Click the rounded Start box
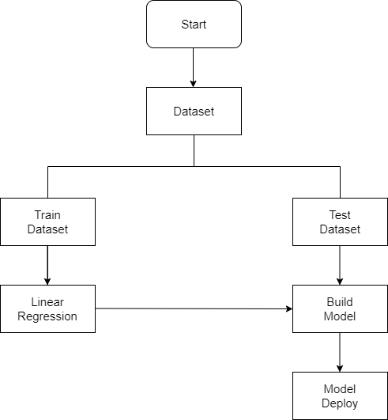pyautogui.click(x=194, y=25)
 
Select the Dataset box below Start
pyautogui.click(x=194, y=111)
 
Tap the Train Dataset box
pyautogui.click(x=47, y=221)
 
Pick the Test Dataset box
pyautogui.click(x=340, y=221)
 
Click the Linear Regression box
pyautogui.click(x=47, y=308)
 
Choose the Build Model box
pyautogui.click(x=340, y=308)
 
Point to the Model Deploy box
pyautogui.click(x=340, y=395)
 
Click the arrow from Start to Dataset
pyautogui.click(x=194, y=67)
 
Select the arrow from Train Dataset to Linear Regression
pyautogui.click(x=47, y=265)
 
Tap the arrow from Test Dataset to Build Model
pyautogui.click(x=340, y=265)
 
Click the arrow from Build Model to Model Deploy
pyautogui.click(x=340, y=352)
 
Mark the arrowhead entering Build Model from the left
pyautogui.click(x=288, y=309)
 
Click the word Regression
pyautogui.click(x=47, y=316)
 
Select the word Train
pyautogui.click(x=47, y=214)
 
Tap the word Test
pyautogui.click(x=340, y=214)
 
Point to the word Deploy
pyautogui.click(x=340, y=403)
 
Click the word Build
pyautogui.click(x=340, y=301)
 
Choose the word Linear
pyautogui.click(x=47, y=301)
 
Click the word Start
pyautogui.click(x=194, y=25)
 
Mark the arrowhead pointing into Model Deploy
pyautogui.click(x=340, y=367)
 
